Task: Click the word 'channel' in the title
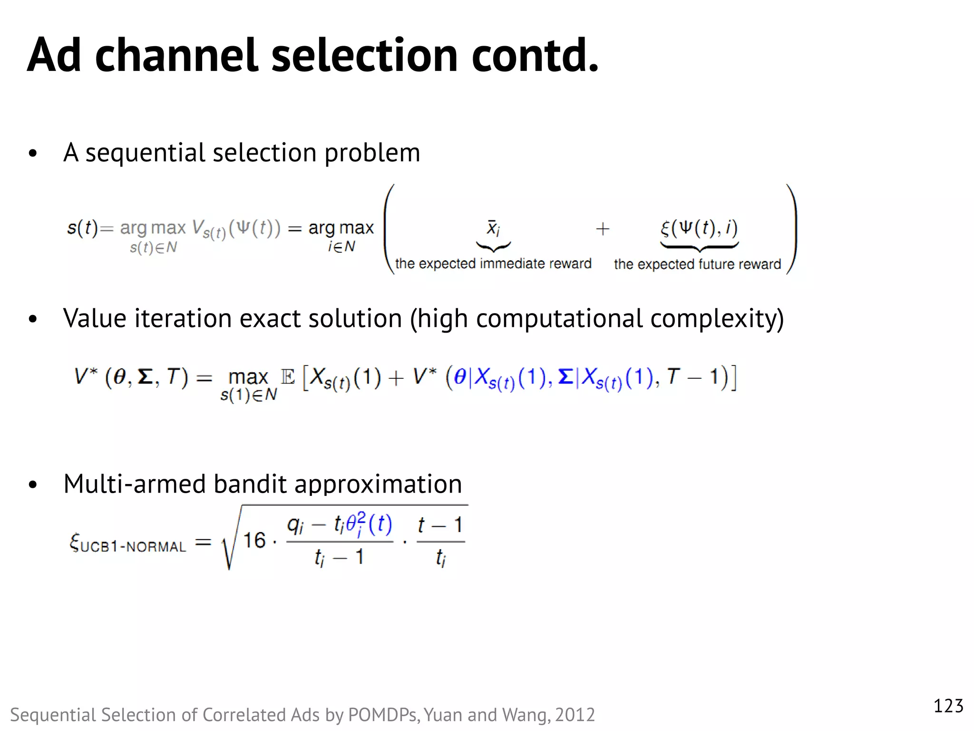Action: pyautogui.click(x=176, y=56)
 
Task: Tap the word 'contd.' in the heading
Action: pyautogui.click(x=535, y=56)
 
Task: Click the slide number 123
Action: pyautogui.click(x=948, y=706)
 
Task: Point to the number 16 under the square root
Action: pyautogui.click(x=254, y=541)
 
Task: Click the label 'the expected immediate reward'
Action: pyautogui.click(x=493, y=264)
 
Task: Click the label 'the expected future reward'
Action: pyautogui.click(x=697, y=264)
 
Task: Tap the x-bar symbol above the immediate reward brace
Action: pyautogui.click(x=493, y=228)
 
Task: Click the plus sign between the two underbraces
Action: pyautogui.click(x=603, y=229)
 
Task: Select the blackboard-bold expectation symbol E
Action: pyautogui.click(x=288, y=377)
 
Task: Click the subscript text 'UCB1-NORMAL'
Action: pyautogui.click(x=133, y=547)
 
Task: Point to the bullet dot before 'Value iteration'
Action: pyautogui.click(x=32, y=319)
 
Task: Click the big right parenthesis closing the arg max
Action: pyautogui.click(x=791, y=229)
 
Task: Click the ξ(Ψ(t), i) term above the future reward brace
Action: pyautogui.click(x=699, y=228)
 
